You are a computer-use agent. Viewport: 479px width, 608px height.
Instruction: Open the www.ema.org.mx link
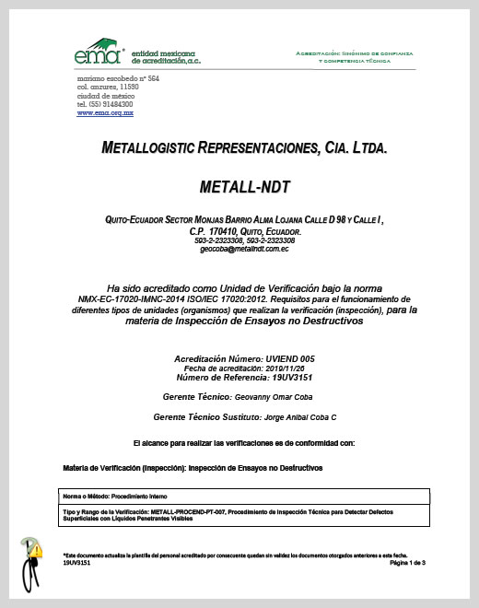click(x=105, y=112)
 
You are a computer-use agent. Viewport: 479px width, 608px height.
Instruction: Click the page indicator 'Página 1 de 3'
click(x=406, y=562)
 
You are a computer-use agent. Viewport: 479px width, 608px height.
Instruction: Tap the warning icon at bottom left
click(x=36, y=552)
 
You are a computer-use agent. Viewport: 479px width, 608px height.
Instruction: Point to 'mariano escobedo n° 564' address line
click(x=118, y=79)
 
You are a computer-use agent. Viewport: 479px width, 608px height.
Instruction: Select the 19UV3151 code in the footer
click(x=76, y=563)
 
